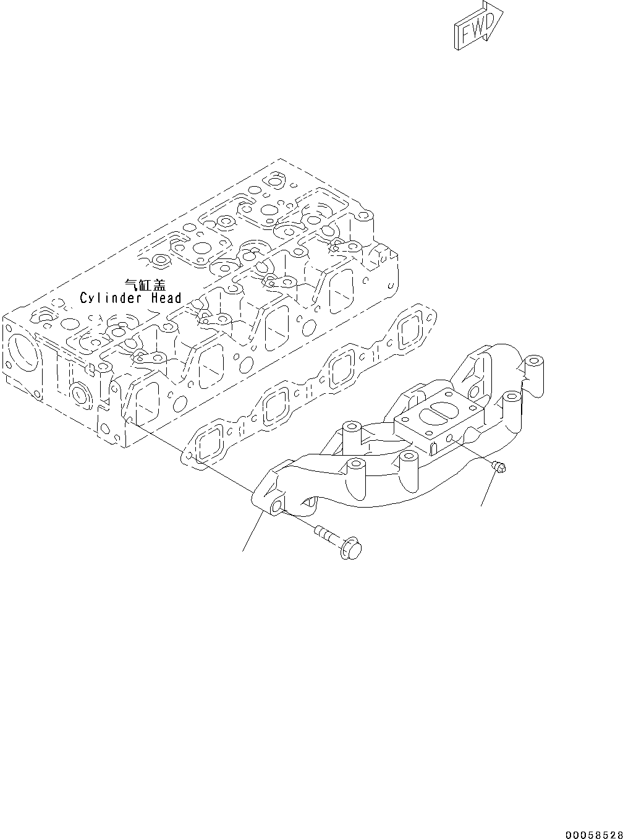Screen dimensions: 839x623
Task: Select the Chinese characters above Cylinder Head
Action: point(145,284)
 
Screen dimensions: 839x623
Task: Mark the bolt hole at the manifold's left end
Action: point(277,508)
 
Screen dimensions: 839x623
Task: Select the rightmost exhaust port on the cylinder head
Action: point(341,291)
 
